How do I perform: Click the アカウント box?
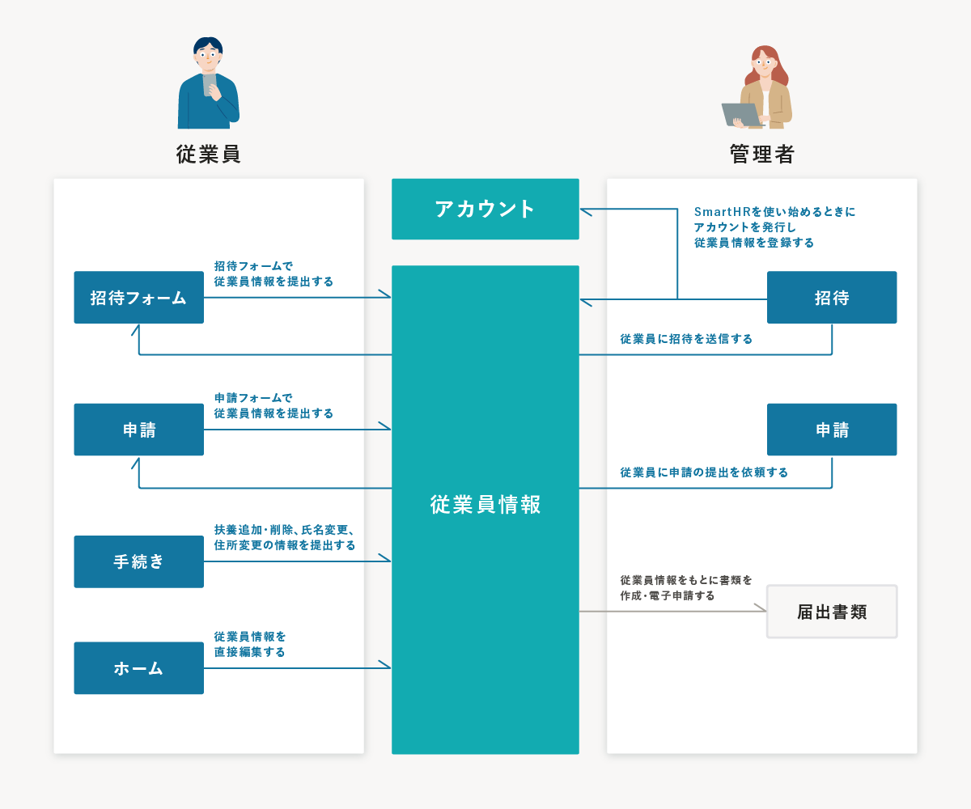coord(485,209)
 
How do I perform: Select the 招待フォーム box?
coord(138,297)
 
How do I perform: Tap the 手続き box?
coord(138,561)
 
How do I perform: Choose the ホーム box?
coord(138,667)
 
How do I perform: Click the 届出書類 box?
coord(832,612)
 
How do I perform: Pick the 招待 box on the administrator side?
coord(832,297)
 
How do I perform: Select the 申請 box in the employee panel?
coord(138,429)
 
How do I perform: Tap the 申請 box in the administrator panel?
coord(832,429)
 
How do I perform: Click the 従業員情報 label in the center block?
coord(485,505)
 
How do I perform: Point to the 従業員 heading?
coord(208,154)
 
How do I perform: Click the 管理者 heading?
coord(761,154)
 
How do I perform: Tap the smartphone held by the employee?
coord(209,85)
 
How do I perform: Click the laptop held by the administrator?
coord(741,114)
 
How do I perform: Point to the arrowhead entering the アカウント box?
coord(585,211)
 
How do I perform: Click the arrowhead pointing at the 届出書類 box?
coord(761,608)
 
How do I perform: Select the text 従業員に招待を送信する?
coord(686,339)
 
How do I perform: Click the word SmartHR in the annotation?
coord(723,211)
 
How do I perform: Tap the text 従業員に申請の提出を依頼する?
coord(704,472)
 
